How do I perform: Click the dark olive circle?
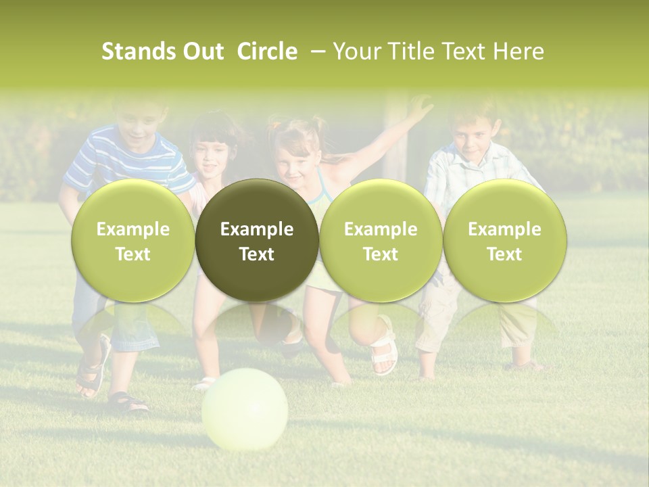click(257, 240)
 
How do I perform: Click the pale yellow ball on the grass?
click(245, 409)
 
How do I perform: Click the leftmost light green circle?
click(133, 240)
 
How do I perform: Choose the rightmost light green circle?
click(504, 240)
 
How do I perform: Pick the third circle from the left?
click(381, 240)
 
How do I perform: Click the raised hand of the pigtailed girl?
click(420, 106)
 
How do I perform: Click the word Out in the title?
click(201, 51)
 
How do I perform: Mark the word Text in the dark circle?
click(257, 254)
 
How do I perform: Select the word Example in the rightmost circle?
click(504, 229)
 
